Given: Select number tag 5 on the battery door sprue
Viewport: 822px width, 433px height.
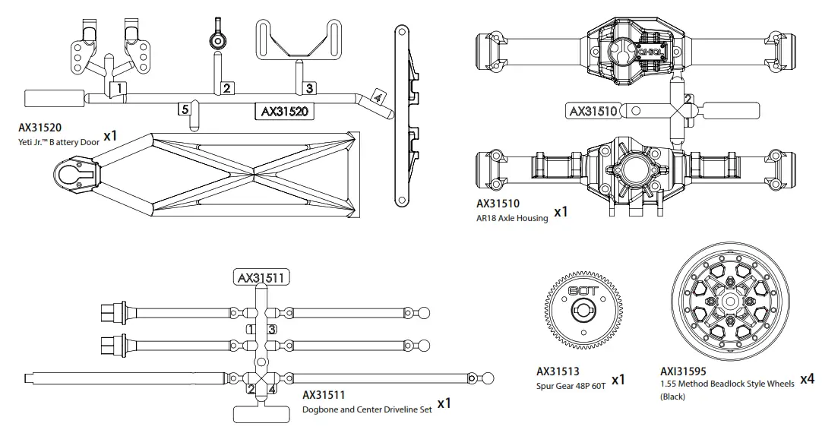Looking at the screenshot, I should (185, 109).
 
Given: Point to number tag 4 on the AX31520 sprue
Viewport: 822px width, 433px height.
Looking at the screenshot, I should (378, 98).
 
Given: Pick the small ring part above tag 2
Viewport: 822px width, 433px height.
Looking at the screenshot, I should (216, 40).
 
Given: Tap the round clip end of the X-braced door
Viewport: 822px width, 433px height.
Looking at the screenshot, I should (74, 172).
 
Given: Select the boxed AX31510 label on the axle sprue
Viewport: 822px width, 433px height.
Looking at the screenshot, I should (593, 111).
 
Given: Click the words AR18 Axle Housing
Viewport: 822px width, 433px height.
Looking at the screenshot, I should (512, 218).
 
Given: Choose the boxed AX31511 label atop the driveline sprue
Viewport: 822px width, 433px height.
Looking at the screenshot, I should (261, 277).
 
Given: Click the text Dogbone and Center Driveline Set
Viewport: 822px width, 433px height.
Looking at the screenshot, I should (367, 409).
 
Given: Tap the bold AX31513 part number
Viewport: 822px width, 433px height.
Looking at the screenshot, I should (558, 372).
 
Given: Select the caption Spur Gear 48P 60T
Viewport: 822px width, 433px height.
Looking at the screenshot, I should (571, 385).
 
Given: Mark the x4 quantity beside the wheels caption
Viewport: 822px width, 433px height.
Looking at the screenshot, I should (808, 378).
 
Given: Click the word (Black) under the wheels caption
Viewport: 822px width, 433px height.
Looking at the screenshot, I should (673, 397).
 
